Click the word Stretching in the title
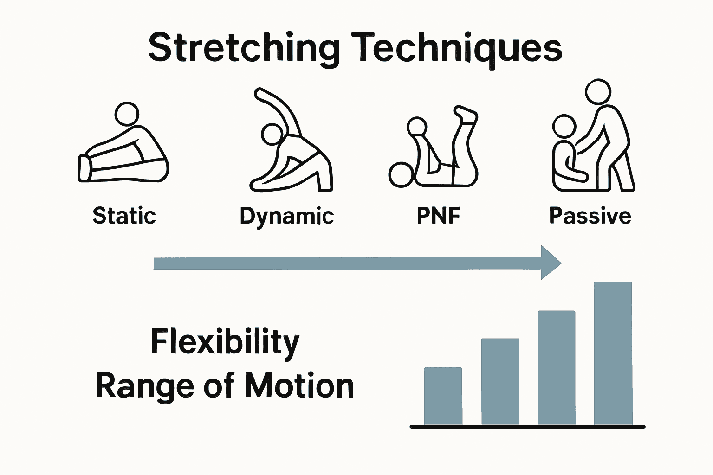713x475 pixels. click(244, 48)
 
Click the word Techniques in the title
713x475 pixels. click(460, 48)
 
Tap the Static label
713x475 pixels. click(124, 216)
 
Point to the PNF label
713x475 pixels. click(438, 216)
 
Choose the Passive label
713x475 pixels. click(590, 216)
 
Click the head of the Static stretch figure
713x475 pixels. click(127, 114)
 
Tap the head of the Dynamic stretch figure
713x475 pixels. click(272, 134)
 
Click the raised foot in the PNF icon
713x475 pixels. click(466, 114)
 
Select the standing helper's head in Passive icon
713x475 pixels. click(598, 92)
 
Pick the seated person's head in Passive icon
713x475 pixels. click(564, 126)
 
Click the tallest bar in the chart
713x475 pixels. click(613, 353)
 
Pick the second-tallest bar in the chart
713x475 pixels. click(556, 367)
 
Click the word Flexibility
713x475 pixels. click(225, 342)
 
